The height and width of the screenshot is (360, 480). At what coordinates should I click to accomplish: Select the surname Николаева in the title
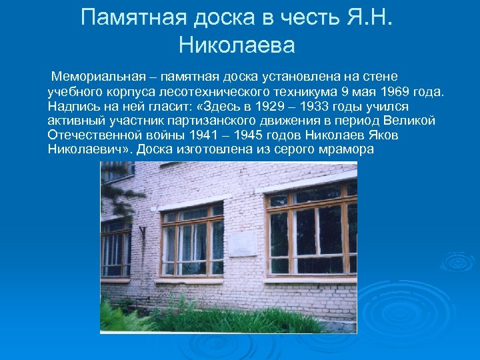pyautogui.click(x=237, y=46)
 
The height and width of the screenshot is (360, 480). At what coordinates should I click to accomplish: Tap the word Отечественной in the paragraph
pyautogui.click(x=90, y=135)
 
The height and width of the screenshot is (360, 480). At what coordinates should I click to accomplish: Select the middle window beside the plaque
pyautogui.click(x=193, y=241)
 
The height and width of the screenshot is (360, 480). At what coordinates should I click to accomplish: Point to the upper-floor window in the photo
pyautogui.click(x=117, y=171)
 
